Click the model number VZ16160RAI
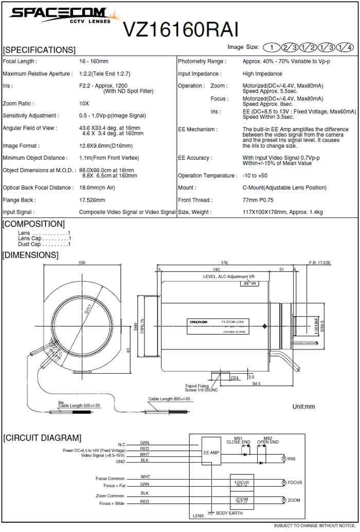tap(181, 29)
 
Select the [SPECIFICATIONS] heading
tap(39, 50)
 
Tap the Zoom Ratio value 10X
tap(84, 103)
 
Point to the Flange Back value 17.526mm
tap(92, 200)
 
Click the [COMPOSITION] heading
tap(34, 224)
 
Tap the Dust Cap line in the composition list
tap(44, 244)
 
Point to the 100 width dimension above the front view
tap(82, 263)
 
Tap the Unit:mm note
tap(303, 407)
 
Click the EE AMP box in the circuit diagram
tap(211, 452)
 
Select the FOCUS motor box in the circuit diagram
tap(241, 483)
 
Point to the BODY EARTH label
tap(229, 513)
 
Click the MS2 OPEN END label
tap(267, 440)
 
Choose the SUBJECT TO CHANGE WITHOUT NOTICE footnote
tap(314, 525)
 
